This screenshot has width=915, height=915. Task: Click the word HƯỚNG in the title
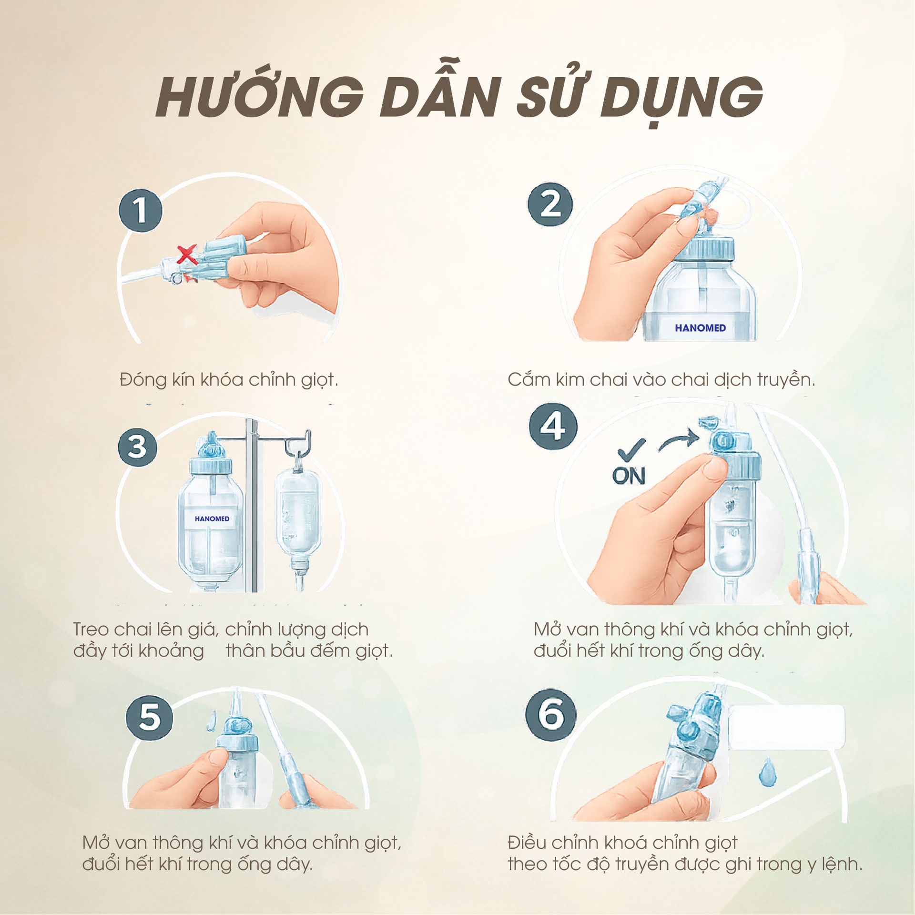(260, 98)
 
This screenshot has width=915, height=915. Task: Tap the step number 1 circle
(141, 211)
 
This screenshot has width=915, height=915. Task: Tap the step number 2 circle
(550, 204)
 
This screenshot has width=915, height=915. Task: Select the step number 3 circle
(138, 447)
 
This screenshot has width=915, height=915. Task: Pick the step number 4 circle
(553, 426)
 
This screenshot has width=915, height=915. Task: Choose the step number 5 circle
(150, 718)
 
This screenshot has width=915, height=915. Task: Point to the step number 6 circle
(550, 715)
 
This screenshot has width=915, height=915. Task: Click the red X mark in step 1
(187, 255)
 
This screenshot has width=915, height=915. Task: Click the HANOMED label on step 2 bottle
(700, 328)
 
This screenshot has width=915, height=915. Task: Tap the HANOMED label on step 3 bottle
(212, 518)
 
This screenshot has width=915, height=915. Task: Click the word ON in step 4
(629, 476)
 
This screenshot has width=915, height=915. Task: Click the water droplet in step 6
(768, 773)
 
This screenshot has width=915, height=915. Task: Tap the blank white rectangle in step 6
(786, 727)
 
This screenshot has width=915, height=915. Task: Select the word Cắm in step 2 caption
(526, 380)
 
